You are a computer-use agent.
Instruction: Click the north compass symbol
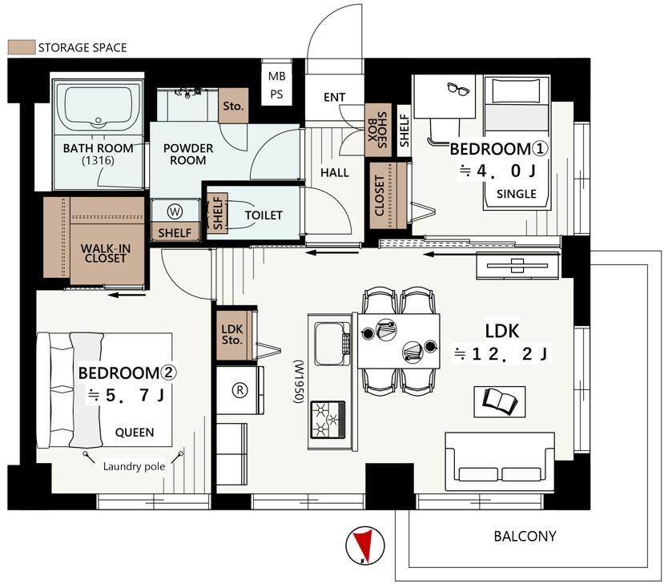click(364, 546)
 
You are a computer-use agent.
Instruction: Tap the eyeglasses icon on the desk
click(459, 88)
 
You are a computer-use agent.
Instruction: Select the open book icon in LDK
click(500, 401)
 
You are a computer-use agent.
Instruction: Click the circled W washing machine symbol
click(174, 211)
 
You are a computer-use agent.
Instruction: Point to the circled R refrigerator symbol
click(239, 390)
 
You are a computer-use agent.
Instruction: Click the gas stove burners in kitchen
click(328, 419)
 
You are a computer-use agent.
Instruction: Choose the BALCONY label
click(525, 536)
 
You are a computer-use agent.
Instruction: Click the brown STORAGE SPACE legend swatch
click(21, 47)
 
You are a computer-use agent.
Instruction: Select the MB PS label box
click(276, 85)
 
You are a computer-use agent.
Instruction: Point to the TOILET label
click(264, 215)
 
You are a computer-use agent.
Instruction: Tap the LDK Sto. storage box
click(234, 335)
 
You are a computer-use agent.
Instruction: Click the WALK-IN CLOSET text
click(106, 253)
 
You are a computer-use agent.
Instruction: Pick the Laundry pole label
click(134, 467)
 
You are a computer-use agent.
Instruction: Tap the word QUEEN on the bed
click(135, 433)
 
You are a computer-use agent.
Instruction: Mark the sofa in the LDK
click(500, 461)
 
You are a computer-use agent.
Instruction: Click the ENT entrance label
click(335, 98)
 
